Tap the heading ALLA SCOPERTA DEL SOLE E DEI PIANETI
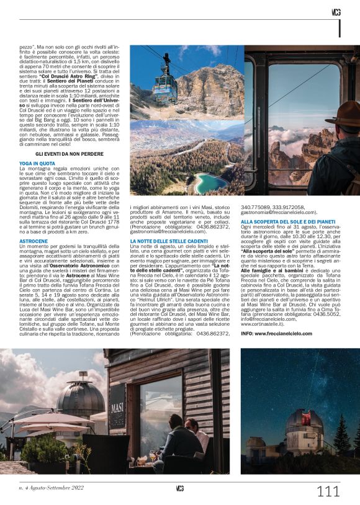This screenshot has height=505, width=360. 288,221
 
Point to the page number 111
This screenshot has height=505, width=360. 328,491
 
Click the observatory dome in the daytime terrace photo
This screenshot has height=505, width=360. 81,396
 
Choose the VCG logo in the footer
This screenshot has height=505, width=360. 179,488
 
